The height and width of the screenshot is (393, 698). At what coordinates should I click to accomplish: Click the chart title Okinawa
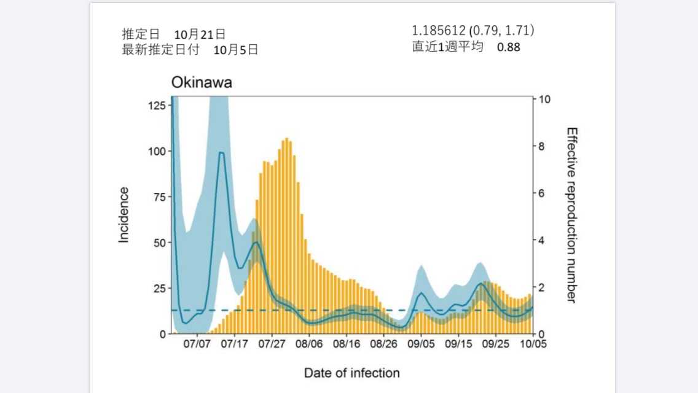(202, 83)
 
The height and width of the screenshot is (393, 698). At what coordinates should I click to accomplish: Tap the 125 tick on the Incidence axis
(157, 105)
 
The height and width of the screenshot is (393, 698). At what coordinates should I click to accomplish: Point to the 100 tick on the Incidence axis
(157, 151)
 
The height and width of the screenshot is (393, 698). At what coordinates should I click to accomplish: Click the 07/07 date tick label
(197, 344)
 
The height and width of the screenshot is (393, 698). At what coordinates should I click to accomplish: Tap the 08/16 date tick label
(347, 344)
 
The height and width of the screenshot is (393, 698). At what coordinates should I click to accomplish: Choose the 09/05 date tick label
(422, 344)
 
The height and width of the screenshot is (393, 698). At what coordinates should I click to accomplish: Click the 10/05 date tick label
(533, 344)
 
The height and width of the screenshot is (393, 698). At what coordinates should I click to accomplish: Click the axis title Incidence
(124, 214)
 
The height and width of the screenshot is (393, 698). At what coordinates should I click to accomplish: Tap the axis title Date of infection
(351, 373)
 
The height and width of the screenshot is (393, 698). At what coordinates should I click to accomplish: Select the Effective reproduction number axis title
(571, 214)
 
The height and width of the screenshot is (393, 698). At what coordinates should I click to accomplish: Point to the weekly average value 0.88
(508, 47)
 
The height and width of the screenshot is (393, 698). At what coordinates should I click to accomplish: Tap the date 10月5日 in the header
(235, 50)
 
